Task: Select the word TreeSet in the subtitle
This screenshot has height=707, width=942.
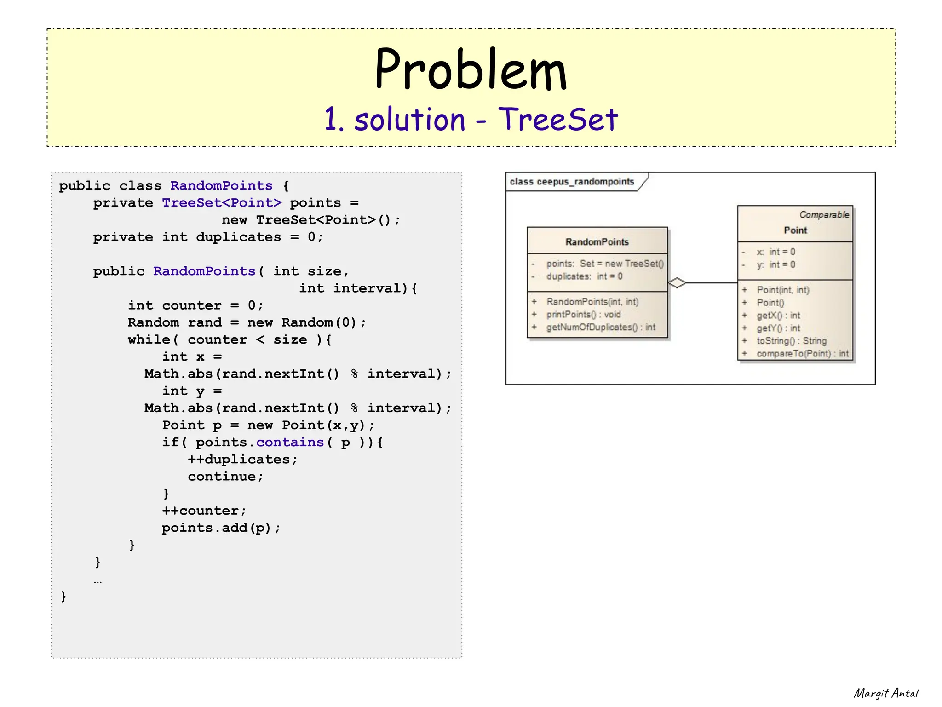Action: click(x=558, y=119)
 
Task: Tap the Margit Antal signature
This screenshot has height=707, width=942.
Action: click(x=885, y=693)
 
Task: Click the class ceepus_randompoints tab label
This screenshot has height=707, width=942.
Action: click(x=572, y=182)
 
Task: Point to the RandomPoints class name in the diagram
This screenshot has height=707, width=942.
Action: click(x=597, y=242)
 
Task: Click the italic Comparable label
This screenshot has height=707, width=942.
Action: click(x=824, y=215)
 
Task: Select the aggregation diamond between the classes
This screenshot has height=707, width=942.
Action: click(x=677, y=283)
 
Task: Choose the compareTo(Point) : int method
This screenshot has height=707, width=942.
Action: click(x=802, y=354)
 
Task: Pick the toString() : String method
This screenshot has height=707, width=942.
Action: click(x=791, y=341)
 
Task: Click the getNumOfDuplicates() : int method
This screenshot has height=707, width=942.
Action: click(x=600, y=327)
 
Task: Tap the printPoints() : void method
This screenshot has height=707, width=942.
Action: click(x=583, y=314)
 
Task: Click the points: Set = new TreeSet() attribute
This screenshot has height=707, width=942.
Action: click(x=604, y=264)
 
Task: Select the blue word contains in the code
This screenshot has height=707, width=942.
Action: click(x=290, y=443)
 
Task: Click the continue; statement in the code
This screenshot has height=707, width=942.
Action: click(x=225, y=477)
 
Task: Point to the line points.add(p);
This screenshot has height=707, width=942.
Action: click(x=221, y=528)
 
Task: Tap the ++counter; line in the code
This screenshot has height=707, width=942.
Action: click(x=204, y=511)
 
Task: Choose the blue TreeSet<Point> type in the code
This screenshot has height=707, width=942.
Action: click(x=221, y=203)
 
